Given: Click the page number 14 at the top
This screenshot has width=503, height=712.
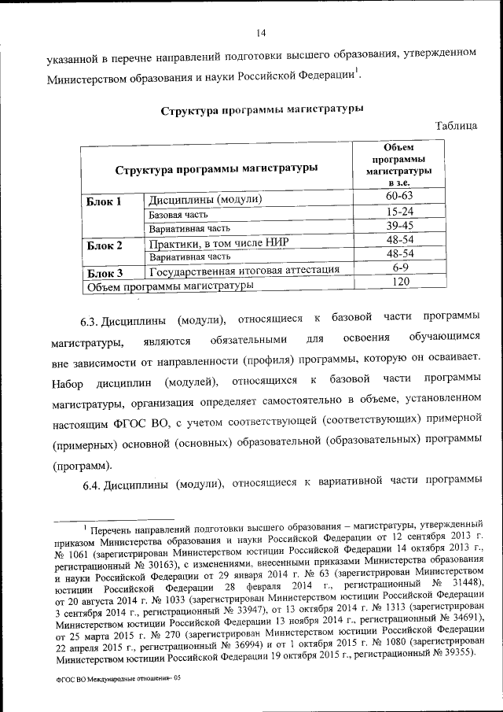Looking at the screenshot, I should (262, 32).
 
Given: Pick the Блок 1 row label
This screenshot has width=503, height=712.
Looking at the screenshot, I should (104, 201).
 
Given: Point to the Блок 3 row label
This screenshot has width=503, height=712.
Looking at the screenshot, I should (104, 273).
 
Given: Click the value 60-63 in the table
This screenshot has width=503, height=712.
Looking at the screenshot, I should (400, 195).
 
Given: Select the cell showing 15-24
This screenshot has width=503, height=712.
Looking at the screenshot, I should (400, 212).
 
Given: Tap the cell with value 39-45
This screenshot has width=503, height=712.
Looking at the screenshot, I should (400, 226).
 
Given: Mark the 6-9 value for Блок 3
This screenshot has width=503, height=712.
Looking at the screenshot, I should (400, 268).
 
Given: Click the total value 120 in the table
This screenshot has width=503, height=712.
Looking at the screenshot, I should (400, 282).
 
